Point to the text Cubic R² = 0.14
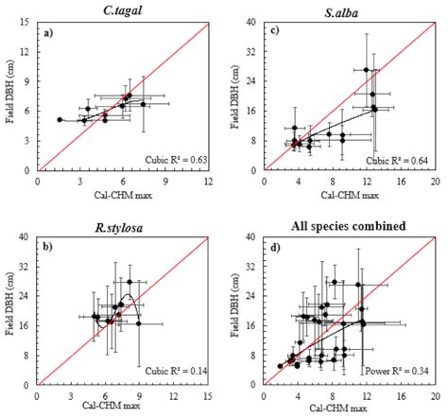pos(174,371)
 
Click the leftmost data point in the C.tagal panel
pos(60,120)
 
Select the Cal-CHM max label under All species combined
pos(348,408)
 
